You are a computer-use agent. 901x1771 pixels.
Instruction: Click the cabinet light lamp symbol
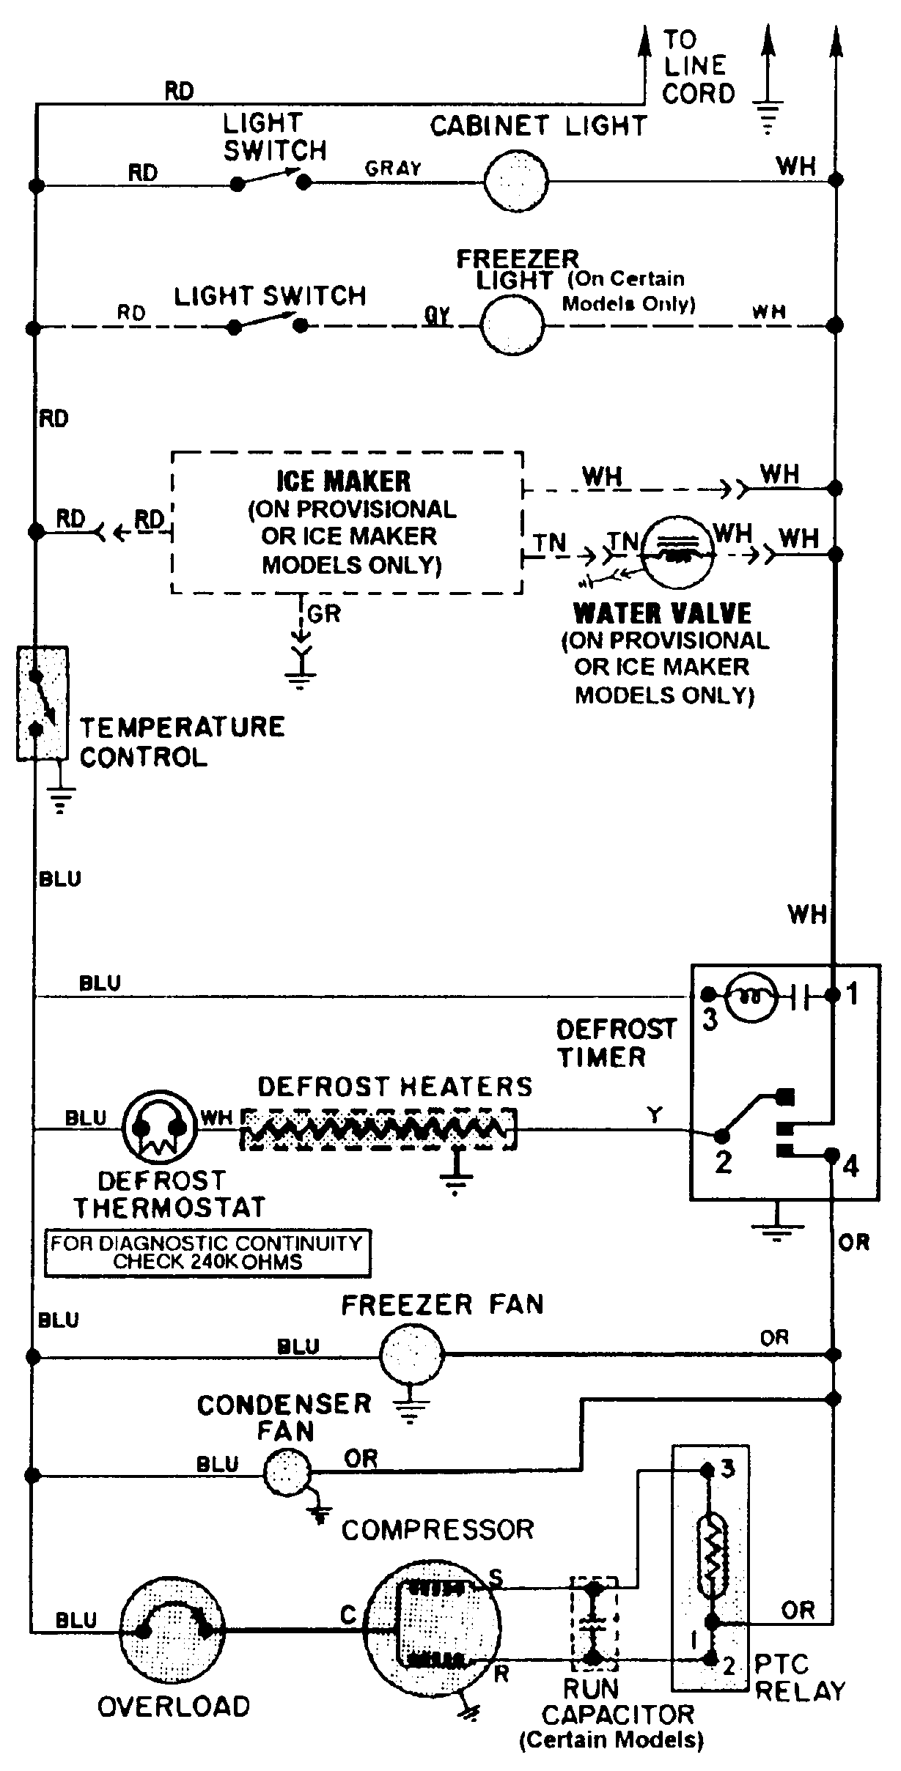pyautogui.click(x=516, y=180)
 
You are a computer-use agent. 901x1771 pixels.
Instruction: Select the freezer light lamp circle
pyautogui.click(x=512, y=325)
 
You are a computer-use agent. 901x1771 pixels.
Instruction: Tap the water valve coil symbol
pyautogui.click(x=679, y=553)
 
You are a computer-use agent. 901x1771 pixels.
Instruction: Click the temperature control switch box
pyautogui.click(x=43, y=703)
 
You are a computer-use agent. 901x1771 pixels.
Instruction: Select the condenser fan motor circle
pyautogui.click(x=287, y=1474)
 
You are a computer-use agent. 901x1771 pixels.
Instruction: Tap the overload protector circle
pyautogui.click(x=172, y=1630)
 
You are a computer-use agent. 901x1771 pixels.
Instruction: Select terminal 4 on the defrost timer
pyautogui.click(x=832, y=1155)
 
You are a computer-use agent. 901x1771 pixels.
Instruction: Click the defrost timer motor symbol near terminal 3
pyautogui.click(x=750, y=995)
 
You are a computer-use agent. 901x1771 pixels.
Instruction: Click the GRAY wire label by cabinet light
pyautogui.click(x=394, y=169)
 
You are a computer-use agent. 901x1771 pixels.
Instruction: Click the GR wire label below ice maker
pyautogui.click(x=324, y=614)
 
